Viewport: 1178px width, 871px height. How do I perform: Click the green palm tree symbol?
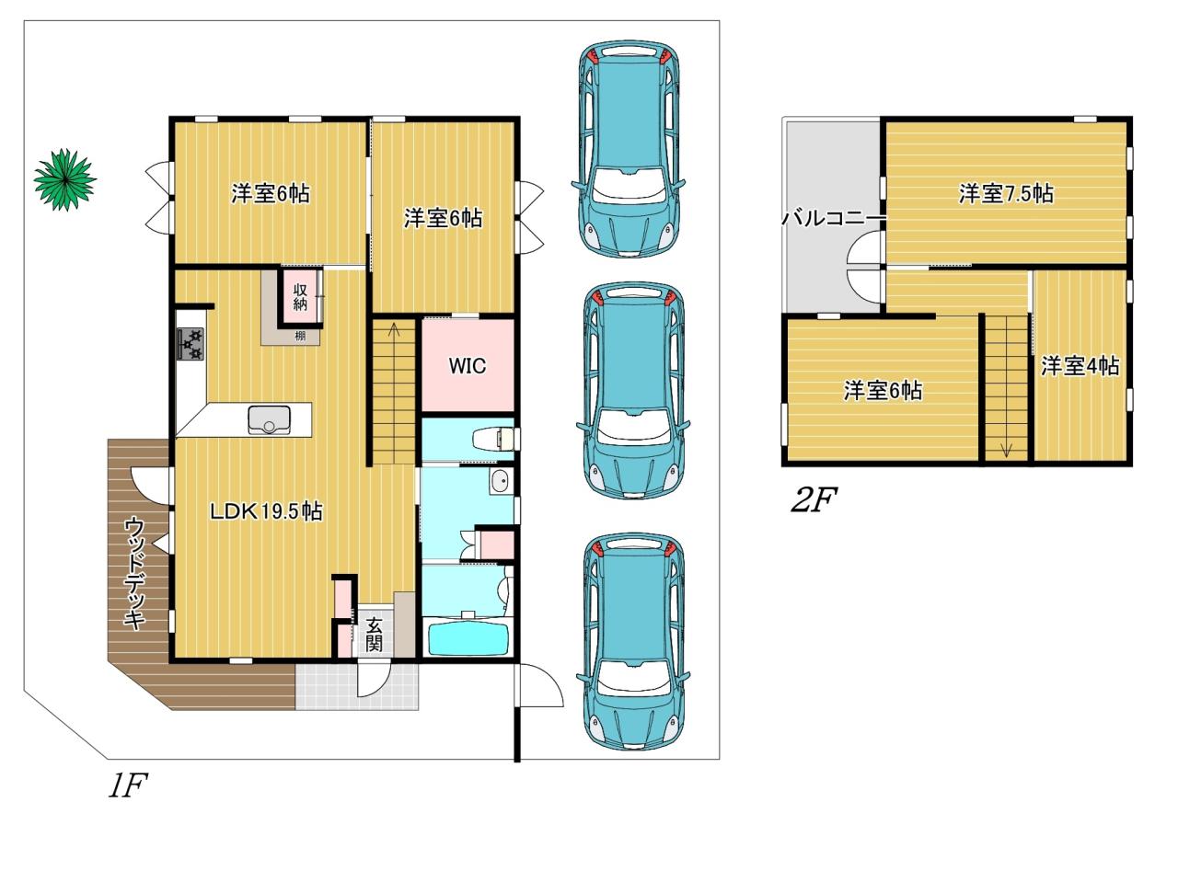[x=64, y=179]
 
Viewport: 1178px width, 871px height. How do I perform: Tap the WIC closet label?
[x=467, y=366]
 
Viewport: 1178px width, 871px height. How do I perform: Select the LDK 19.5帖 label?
[x=266, y=511]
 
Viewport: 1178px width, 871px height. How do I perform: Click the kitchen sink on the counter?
[x=270, y=420]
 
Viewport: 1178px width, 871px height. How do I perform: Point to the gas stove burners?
[x=191, y=343]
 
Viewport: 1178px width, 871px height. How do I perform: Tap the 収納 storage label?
[x=300, y=297]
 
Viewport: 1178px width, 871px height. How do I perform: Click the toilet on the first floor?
[x=493, y=439]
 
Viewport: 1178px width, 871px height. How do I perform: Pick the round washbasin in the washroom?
[x=499, y=482]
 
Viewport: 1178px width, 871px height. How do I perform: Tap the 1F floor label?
[x=128, y=785]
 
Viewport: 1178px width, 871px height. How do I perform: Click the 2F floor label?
[x=814, y=499]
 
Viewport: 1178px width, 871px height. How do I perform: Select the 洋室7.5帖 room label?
[x=1005, y=193]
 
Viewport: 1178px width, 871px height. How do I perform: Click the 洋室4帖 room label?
[x=1080, y=366]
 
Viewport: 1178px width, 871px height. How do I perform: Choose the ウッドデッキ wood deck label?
[x=135, y=573]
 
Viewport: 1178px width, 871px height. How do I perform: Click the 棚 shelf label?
[x=300, y=336]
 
